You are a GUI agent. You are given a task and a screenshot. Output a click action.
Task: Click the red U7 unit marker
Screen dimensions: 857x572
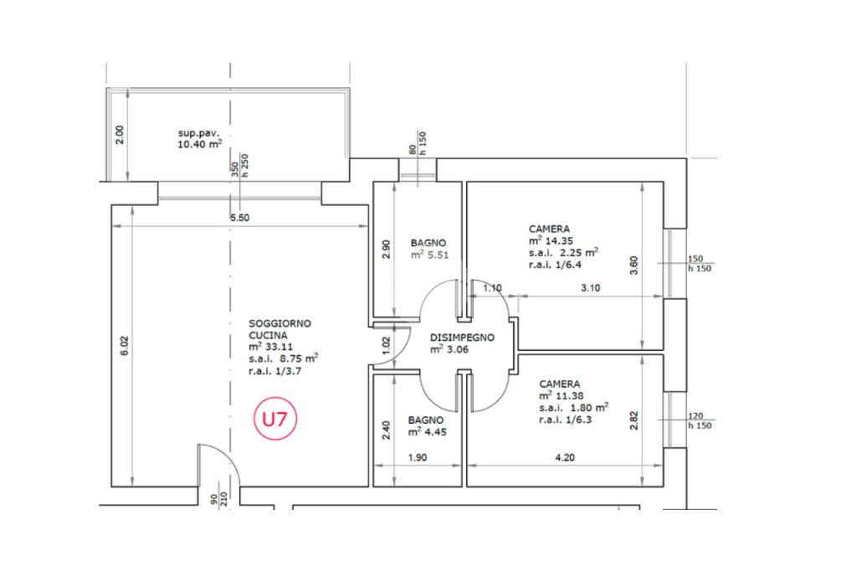[275, 419]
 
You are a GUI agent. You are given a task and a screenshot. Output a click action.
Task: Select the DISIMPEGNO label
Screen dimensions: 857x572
[462, 338]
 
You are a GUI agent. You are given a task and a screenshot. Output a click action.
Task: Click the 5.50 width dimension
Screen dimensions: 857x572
[240, 218]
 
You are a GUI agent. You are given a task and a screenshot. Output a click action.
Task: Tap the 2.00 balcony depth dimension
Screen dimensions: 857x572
[119, 134]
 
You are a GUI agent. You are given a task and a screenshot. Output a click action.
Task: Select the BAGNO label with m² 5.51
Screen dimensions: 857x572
[428, 241]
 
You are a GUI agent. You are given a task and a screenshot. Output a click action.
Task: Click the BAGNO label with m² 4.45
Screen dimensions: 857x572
[426, 420]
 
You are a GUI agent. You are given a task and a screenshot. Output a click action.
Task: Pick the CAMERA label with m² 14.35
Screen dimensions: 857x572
[549, 229]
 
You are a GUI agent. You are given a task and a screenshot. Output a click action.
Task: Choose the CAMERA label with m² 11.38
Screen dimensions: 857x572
[560, 384]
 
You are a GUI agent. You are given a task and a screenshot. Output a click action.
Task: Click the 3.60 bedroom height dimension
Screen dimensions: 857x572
[634, 265]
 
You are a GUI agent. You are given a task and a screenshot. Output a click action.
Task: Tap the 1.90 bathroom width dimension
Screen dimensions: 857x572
[417, 459]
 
